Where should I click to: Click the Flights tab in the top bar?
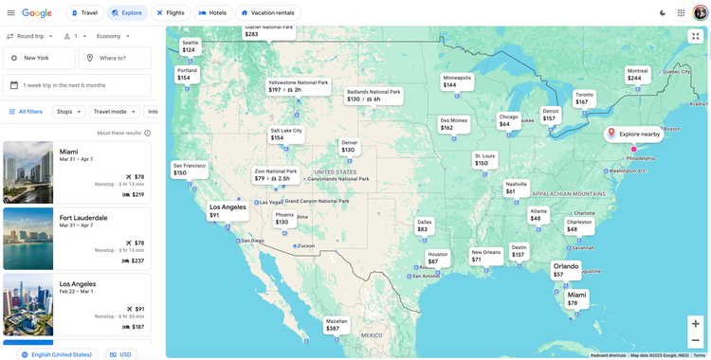click(170, 13)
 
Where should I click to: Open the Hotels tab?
click(212, 13)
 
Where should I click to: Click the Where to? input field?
click(115, 58)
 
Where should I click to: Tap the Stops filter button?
click(68, 112)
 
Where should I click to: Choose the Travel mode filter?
click(114, 112)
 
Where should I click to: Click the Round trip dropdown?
click(29, 36)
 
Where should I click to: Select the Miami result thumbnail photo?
click(28, 172)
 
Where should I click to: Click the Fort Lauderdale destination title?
click(83, 218)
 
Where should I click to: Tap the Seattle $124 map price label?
click(190, 46)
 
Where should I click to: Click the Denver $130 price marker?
click(350, 146)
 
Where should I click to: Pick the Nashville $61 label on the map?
click(516, 188)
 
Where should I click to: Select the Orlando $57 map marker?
click(566, 270)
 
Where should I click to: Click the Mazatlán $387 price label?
click(337, 325)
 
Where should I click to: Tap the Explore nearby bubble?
click(634, 135)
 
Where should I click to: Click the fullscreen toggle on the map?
click(695, 36)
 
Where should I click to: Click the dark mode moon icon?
click(663, 13)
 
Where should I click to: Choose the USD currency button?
click(119, 354)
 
